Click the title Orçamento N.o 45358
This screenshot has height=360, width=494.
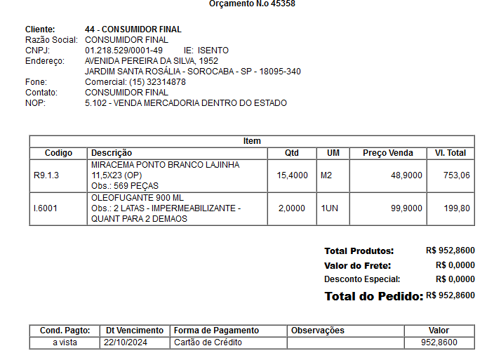[251, 4]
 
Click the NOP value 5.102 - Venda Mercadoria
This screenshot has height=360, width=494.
[185, 103]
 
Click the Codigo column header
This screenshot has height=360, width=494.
[58, 153]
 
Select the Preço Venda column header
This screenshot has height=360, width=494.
[387, 153]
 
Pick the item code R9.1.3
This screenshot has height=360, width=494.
[46, 175]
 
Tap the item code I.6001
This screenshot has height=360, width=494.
[46, 208]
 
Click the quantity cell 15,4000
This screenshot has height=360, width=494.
[292, 175]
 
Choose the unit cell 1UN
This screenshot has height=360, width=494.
[329, 208]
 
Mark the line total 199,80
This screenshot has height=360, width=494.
[456, 208]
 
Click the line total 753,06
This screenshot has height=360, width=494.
[456, 175]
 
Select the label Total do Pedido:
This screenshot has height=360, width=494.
[373, 296]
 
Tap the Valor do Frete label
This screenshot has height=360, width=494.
[357, 265]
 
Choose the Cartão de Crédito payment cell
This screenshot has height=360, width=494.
[208, 342]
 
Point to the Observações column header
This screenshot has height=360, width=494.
[318, 331]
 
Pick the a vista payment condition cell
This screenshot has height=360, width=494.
[65, 342]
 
